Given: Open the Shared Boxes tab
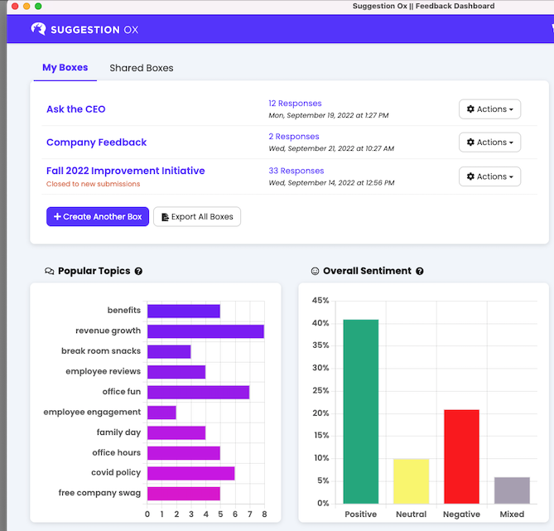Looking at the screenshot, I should point(142,68).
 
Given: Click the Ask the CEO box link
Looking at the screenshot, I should point(76,109).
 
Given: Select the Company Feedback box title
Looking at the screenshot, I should point(96,142).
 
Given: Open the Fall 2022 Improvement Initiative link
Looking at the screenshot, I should point(125,171).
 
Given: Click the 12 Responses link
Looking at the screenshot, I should point(295,104).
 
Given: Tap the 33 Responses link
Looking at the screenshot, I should point(296,171).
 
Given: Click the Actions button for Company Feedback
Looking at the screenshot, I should point(489,142).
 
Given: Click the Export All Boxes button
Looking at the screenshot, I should point(197,217).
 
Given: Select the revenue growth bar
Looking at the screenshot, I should point(205,331).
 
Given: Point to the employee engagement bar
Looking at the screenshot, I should point(161,412).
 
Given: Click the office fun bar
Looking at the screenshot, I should point(198,392).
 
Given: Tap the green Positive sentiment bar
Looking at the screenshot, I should point(361,411).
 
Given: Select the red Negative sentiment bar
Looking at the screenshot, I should point(461,456).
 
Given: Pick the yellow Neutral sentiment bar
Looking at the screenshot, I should point(411,480).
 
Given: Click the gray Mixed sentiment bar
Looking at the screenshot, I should point(512,490).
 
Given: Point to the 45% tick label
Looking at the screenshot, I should point(319,301).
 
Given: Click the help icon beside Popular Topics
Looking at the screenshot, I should point(138,271).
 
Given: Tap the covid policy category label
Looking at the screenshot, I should point(116,472).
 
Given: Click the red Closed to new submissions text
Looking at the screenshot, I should point(93,184).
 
